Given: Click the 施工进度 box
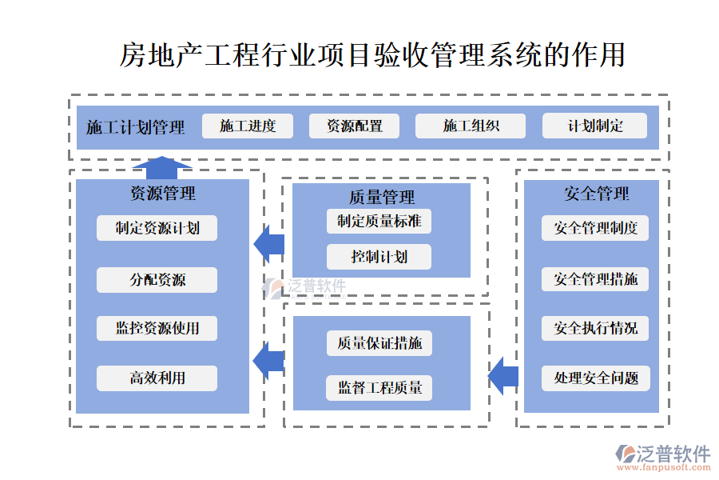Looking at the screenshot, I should pos(248,126).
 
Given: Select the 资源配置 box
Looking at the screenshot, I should pos(355,126).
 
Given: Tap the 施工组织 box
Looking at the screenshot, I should pos(471,126).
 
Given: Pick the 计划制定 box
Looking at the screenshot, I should pos(594,126).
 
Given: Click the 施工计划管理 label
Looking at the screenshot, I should pos(135,127).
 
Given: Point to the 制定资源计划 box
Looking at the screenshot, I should pos(157,228).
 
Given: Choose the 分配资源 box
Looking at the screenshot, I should pos(157,280).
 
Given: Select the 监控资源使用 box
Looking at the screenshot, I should pos(157,328).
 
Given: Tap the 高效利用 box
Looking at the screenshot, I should pos(157,378).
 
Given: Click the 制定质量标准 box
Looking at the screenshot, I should pos(379,221).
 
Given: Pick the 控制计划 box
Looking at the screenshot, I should pos(379,257).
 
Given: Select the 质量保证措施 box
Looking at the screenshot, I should pos(379,343).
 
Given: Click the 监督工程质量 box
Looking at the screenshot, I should pos(379,388).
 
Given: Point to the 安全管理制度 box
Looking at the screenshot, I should pos(595,228).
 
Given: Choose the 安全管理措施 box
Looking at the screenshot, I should pos(595,279).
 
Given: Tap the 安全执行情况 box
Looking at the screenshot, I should pos(595,328).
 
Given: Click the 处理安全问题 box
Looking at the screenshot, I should pos(595,378).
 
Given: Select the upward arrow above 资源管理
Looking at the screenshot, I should pos(162,166).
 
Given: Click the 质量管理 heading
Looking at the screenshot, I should pos(381,197).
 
